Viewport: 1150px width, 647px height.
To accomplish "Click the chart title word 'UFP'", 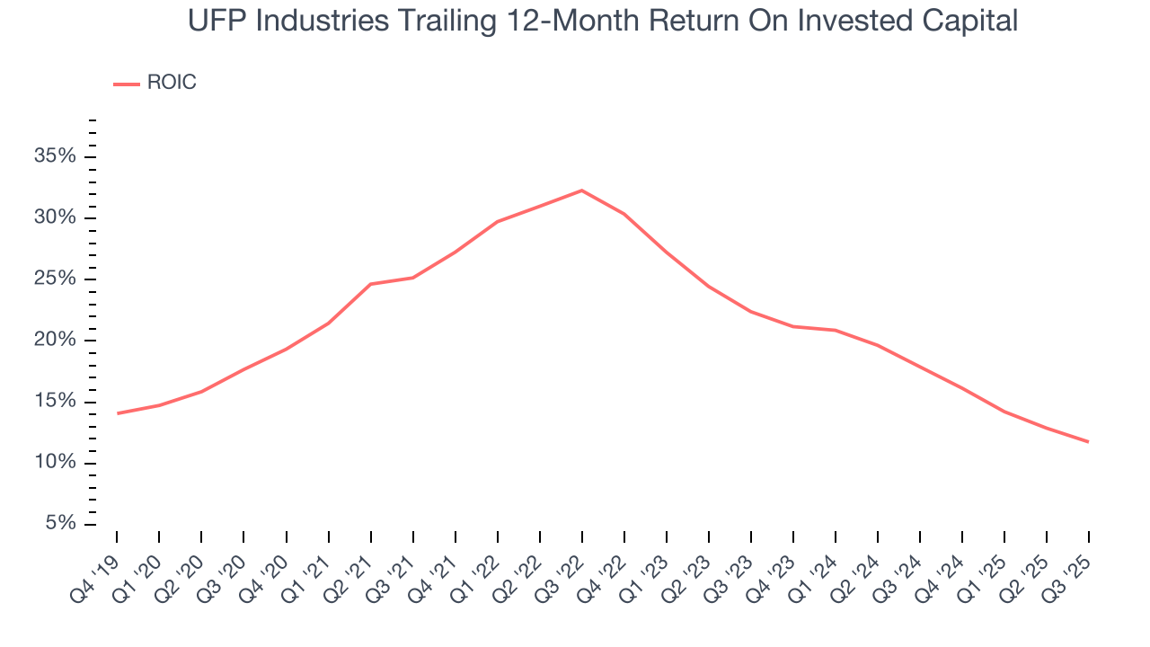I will (x=217, y=21).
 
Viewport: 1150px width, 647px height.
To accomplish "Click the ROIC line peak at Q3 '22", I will (x=581, y=191).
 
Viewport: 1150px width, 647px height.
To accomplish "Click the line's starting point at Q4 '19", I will (x=117, y=413).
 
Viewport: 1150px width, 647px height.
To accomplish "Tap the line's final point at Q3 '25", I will (x=1089, y=442).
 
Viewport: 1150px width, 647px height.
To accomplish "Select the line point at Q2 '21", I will (x=370, y=284).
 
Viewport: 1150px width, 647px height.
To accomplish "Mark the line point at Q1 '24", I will (x=836, y=330).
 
